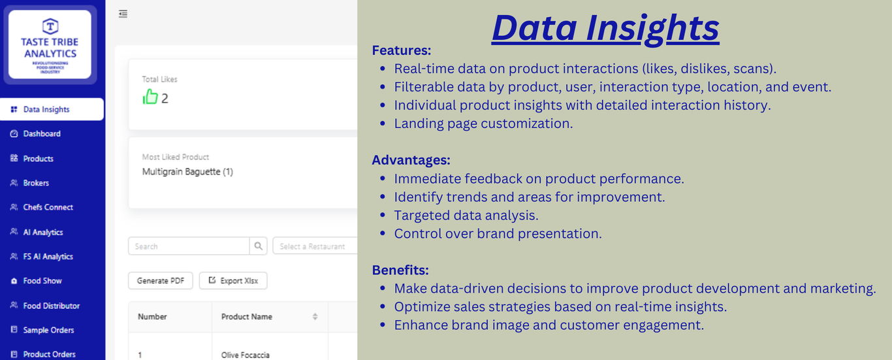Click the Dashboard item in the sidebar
pyautogui.click(x=42, y=134)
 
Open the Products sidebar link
pyautogui.click(x=39, y=159)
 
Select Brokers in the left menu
pyautogui.click(x=36, y=183)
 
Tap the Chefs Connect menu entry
pyautogui.click(x=48, y=207)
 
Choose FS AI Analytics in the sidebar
pyautogui.click(x=48, y=257)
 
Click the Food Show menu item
pyautogui.click(x=42, y=281)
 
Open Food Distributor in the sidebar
pyautogui.click(x=52, y=306)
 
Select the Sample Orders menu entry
pyautogui.click(x=48, y=330)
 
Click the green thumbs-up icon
pyautogui.click(x=150, y=97)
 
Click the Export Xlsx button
pyautogui.click(x=233, y=281)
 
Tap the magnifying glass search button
pyautogui.click(x=259, y=246)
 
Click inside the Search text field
pyautogui.click(x=189, y=246)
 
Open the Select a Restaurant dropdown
pyautogui.click(x=315, y=246)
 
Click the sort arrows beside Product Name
pyautogui.click(x=315, y=317)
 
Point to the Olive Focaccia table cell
pyautogui.click(x=246, y=355)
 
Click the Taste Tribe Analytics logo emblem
pyautogui.click(x=50, y=26)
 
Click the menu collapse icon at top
pyautogui.click(x=123, y=14)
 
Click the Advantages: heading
pyautogui.click(x=411, y=160)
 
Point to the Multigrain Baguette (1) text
pyautogui.click(x=187, y=172)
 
